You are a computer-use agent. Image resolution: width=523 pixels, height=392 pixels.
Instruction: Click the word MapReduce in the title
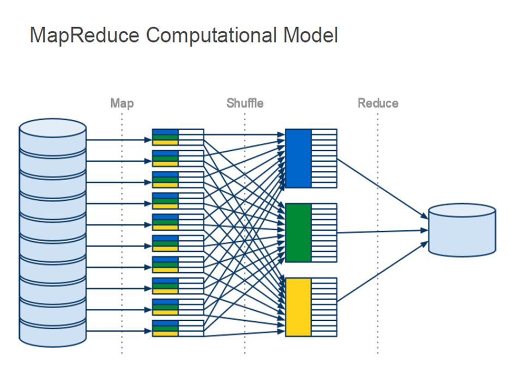85,35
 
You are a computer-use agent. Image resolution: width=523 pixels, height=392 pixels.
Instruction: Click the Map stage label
122,103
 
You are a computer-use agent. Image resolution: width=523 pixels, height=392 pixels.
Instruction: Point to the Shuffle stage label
245,103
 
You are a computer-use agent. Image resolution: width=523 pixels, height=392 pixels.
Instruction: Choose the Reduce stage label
378,103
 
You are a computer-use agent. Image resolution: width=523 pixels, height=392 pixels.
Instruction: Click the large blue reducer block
298,158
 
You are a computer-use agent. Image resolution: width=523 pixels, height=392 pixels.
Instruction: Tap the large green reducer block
298,232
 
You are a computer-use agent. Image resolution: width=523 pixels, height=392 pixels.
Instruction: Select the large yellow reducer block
298,307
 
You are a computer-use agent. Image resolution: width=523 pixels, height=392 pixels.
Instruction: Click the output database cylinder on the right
462,230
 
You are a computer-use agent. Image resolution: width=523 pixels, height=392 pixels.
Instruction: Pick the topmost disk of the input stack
53,137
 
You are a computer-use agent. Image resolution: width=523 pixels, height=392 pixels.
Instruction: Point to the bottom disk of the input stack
53,333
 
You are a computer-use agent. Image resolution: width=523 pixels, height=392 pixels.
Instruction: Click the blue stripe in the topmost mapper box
165,132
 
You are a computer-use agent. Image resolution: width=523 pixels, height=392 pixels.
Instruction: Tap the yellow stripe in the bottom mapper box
165,334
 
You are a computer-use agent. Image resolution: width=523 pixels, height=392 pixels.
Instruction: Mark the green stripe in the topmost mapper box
165,137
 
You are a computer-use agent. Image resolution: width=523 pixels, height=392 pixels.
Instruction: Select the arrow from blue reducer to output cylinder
382,189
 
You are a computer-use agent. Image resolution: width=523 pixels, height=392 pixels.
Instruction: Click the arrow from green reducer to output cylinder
382,231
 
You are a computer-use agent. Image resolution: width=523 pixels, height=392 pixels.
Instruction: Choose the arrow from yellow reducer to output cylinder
382,272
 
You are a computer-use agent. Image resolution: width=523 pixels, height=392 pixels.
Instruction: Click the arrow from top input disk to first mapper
119,140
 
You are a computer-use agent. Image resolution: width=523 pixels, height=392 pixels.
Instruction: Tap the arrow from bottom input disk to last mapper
119,331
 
